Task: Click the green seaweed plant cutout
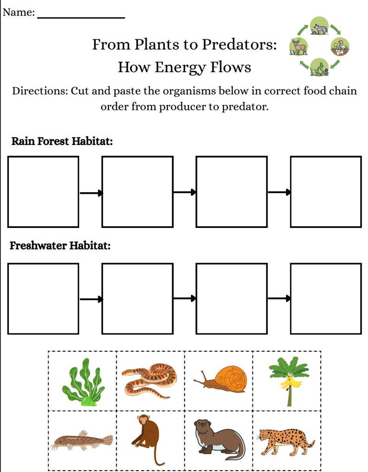pos(83,382)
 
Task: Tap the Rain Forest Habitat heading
pos(62,141)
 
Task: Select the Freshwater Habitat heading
pos(60,245)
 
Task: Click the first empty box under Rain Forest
pos(43,192)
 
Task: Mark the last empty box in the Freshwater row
pos(326,298)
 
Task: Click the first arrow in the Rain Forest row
pos(91,193)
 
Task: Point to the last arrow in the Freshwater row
pos(279,298)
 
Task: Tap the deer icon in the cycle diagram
pos(298,46)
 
